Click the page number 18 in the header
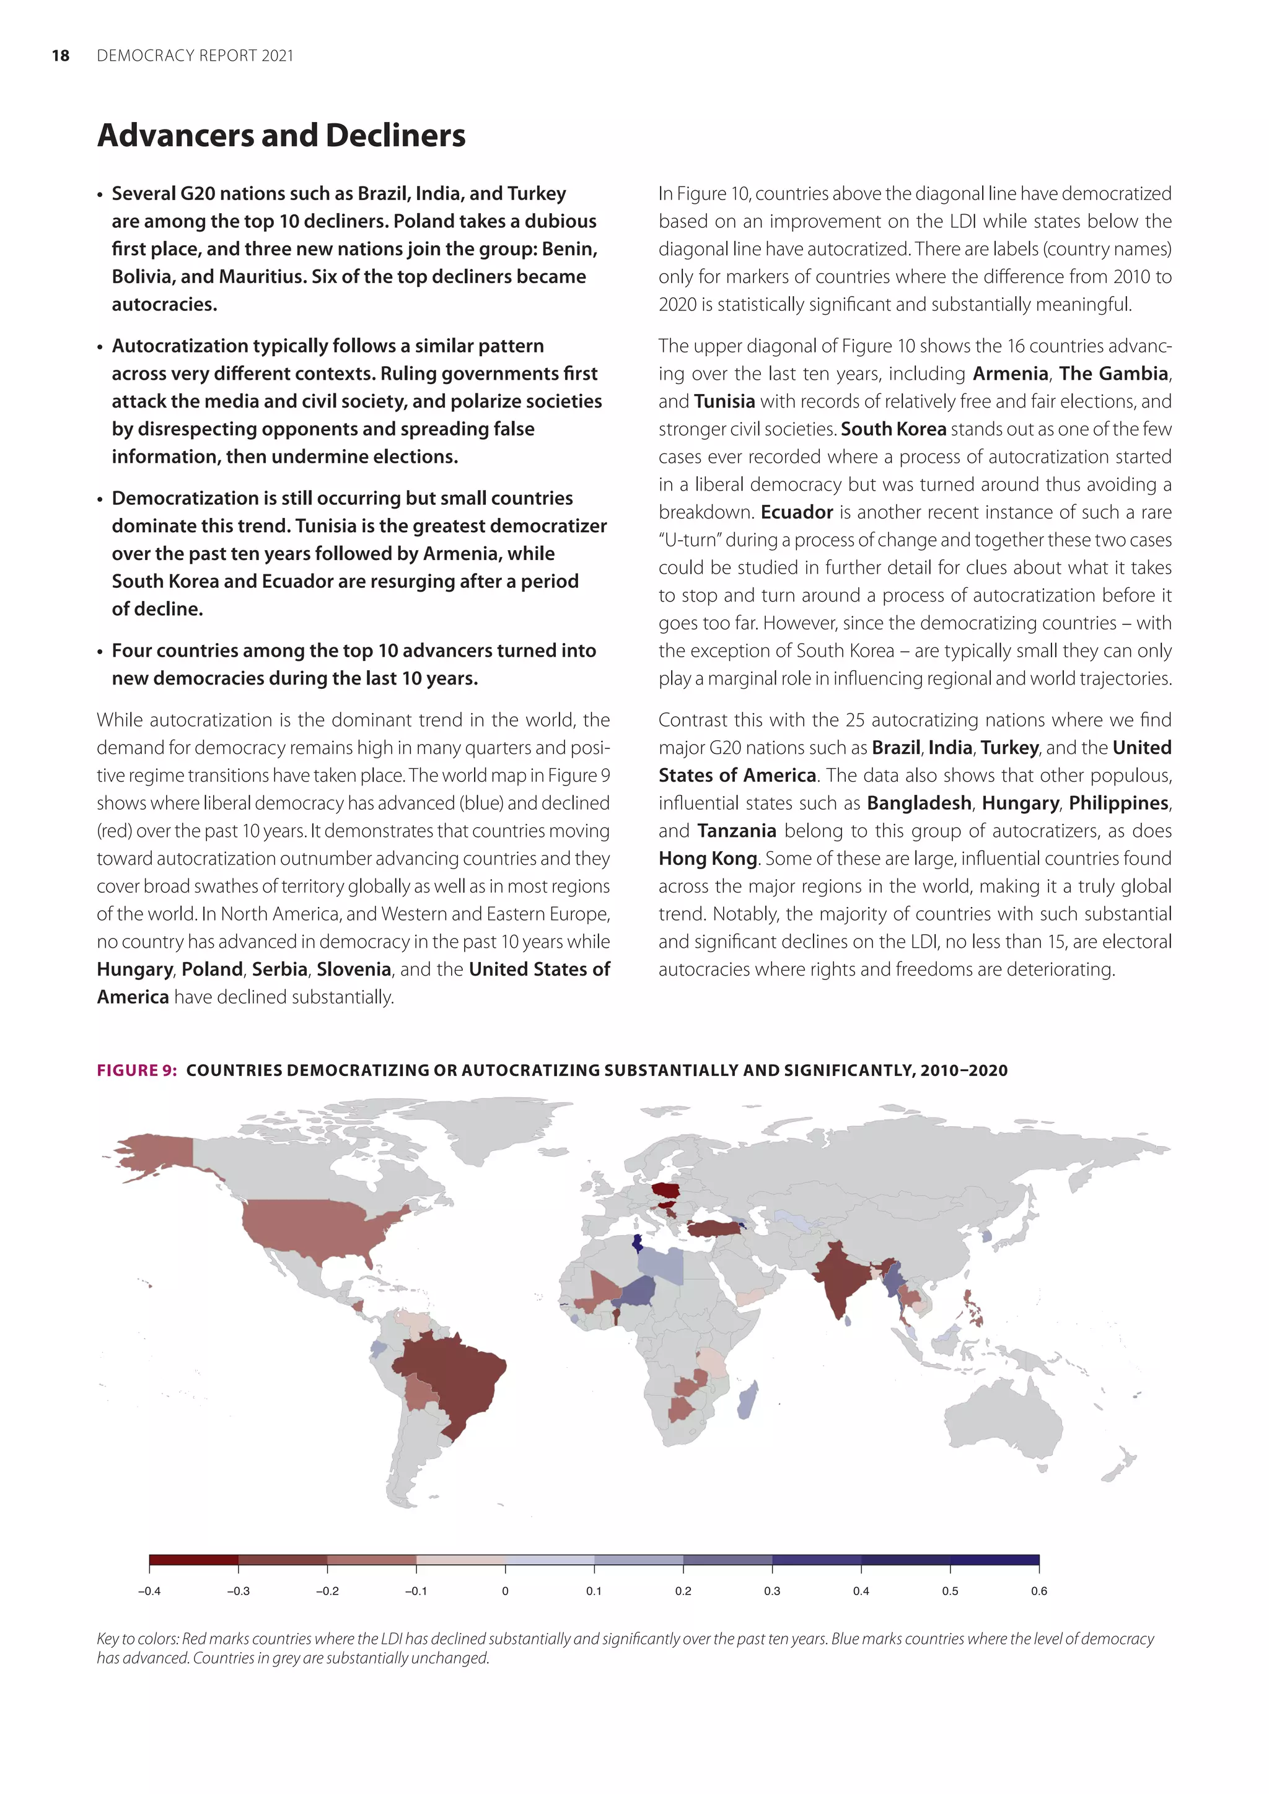click(60, 56)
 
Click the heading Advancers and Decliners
click(281, 135)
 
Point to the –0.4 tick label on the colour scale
click(149, 1591)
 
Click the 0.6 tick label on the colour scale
click(1038, 1591)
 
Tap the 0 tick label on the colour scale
click(505, 1591)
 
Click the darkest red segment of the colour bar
click(194, 1560)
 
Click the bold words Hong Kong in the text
click(707, 859)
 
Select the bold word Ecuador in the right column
click(796, 512)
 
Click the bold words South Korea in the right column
click(893, 429)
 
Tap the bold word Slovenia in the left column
click(353, 969)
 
